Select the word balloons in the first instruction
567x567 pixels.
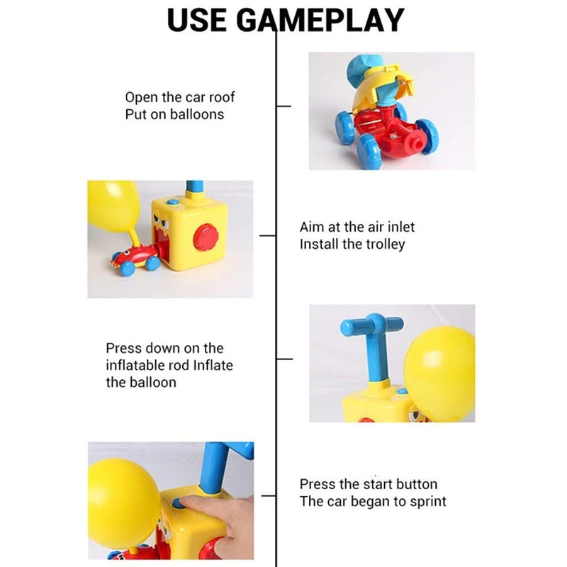tap(196, 114)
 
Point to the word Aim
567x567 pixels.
tap(312, 227)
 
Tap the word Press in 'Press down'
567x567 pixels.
tap(123, 348)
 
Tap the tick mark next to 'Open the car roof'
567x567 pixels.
tap(283, 106)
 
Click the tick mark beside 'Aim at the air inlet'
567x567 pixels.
tap(267, 235)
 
